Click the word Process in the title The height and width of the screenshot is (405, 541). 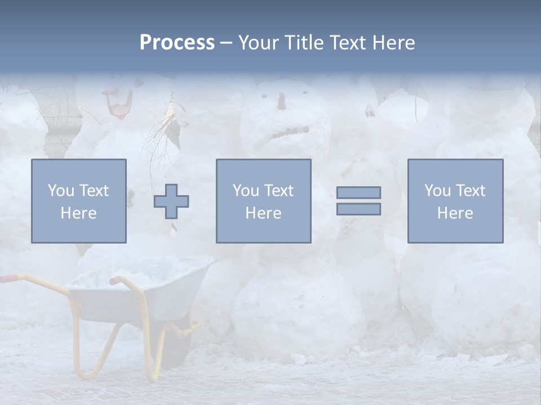point(177,43)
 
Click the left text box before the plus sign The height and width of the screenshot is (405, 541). point(79,201)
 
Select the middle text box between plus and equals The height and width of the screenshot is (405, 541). point(263,201)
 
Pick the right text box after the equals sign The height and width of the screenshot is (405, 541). point(455,201)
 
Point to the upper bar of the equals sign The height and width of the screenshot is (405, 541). point(358,192)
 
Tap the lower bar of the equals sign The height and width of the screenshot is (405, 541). point(358,209)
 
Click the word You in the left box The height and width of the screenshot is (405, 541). point(60,190)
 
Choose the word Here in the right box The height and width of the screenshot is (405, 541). point(455,213)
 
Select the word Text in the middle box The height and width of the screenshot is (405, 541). point(278,190)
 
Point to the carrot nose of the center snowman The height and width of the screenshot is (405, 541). point(281,101)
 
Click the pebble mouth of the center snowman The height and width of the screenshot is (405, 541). point(289,133)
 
